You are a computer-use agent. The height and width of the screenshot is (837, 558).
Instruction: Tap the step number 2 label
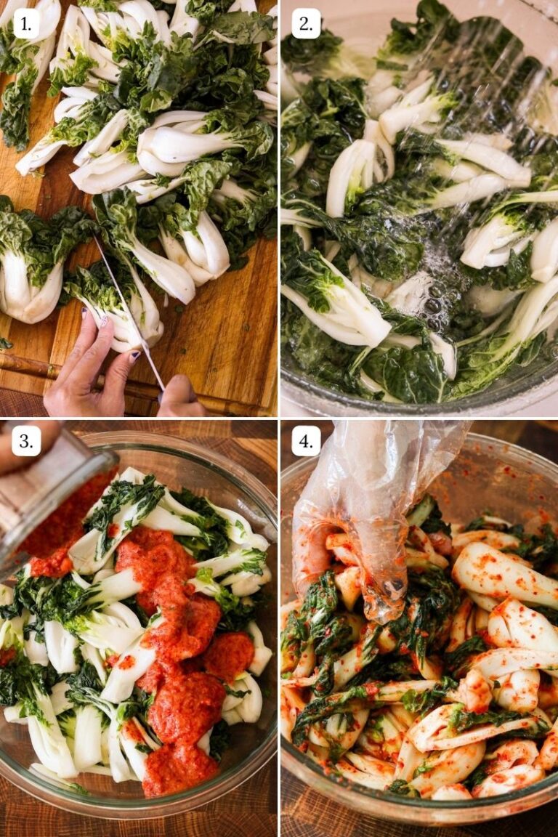306,24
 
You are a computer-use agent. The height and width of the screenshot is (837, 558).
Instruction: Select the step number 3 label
26,441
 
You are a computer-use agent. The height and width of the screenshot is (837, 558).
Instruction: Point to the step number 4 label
306,441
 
